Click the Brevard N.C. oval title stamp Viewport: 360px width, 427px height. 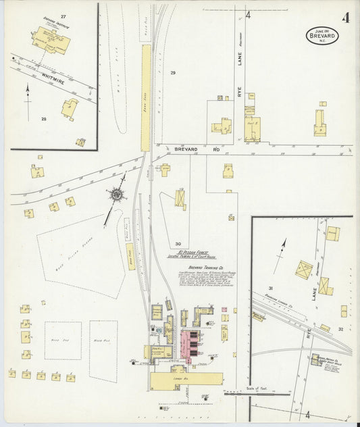[x=322, y=35]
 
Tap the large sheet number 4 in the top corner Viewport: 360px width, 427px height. [x=345, y=18]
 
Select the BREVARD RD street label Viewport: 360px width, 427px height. [x=187, y=149]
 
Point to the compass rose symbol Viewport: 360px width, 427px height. [x=118, y=195]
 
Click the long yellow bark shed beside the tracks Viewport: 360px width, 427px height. [x=146, y=98]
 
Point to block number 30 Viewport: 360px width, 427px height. [x=178, y=244]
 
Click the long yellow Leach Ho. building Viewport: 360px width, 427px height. [x=186, y=379]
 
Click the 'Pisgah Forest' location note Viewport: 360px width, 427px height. [x=197, y=255]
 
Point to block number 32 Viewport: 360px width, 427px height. [x=340, y=329]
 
